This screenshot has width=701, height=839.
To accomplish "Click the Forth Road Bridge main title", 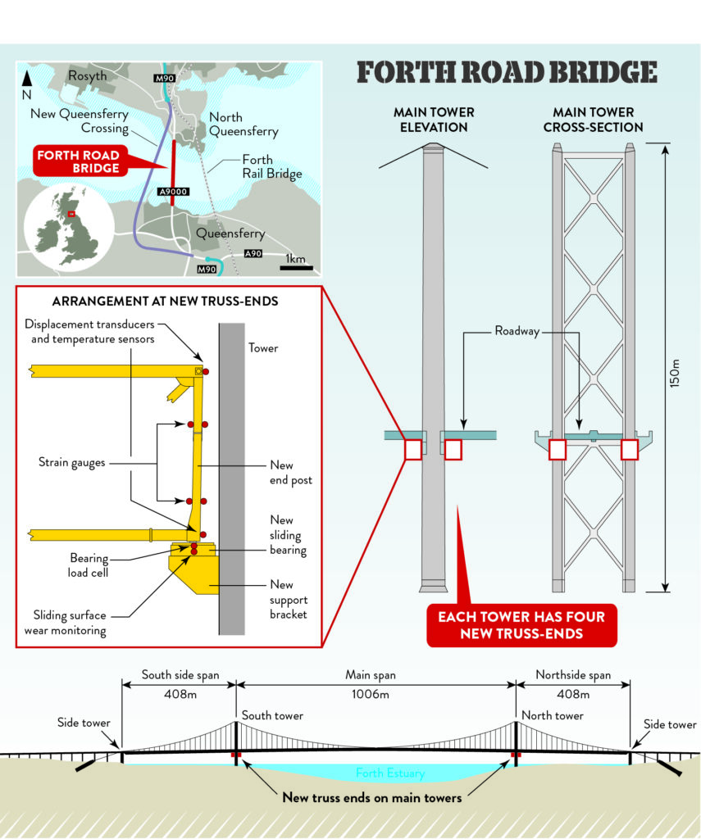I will [507, 73].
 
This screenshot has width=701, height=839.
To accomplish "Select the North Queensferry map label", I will [243, 125].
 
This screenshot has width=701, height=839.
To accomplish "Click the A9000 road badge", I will [173, 192].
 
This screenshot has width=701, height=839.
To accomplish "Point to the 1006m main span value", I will [376, 694].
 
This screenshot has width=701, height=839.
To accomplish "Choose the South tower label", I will [272, 715].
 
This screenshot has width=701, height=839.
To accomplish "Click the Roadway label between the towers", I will [521, 332].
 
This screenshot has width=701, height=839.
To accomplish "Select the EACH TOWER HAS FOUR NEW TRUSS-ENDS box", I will [521, 624].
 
